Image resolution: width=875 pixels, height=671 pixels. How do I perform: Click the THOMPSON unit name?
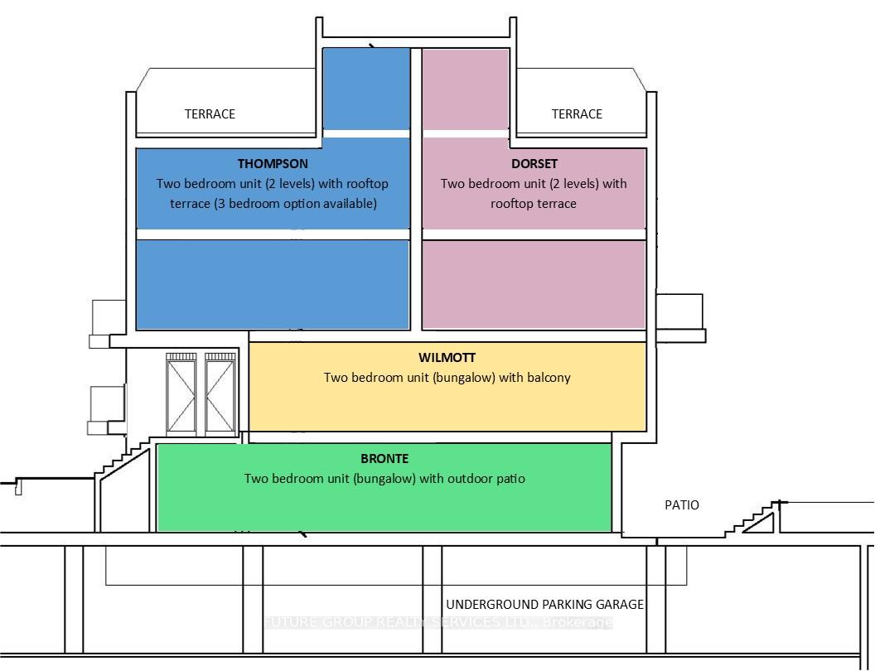(x=273, y=164)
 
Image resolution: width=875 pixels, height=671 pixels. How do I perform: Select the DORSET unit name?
(x=534, y=164)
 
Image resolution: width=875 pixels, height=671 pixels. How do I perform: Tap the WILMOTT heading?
(x=447, y=358)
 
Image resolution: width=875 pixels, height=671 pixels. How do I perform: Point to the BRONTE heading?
(x=384, y=458)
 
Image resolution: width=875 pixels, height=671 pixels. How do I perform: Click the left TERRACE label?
(x=210, y=114)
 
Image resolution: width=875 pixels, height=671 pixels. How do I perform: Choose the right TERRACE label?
(x=577, y=114)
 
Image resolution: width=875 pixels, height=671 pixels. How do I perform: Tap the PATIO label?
(x=681, y=505)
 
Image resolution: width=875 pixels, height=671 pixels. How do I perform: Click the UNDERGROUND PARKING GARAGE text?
(x=544, y=605)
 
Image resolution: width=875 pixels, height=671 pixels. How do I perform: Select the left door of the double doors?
(x=181, y=393)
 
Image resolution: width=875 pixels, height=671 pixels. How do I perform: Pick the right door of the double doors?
(x=220, y=393)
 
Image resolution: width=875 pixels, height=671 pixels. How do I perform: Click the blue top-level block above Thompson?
(x=366, y=89)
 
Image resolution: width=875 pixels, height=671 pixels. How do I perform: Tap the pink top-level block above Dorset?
(x=466, y=89)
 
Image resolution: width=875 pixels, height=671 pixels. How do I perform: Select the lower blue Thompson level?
(x=273, y=284)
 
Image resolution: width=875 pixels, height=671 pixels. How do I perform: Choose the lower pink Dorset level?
(x=534, y=284)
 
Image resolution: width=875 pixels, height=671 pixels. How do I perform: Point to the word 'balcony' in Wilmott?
(x=548, y=379)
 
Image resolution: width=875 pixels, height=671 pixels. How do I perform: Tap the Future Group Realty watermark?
(x=438, y=622)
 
